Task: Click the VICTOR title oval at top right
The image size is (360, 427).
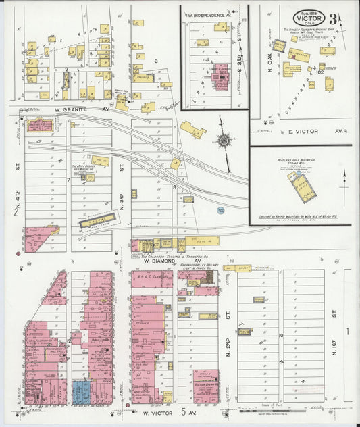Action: (309, 18)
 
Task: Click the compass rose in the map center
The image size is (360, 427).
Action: (223, 141)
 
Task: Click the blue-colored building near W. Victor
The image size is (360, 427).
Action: (80, 393)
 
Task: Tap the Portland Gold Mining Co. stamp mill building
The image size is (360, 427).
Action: (302, 186)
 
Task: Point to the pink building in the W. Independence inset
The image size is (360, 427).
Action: (221, 80)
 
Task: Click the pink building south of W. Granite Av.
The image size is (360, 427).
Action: (40, 125)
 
